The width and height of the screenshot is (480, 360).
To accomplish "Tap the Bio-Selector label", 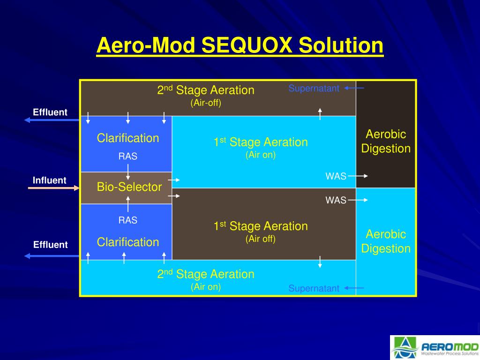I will point(129,187).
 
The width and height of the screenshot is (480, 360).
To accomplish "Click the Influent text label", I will point(50,180).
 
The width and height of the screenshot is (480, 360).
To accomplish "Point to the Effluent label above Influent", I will point(50,112).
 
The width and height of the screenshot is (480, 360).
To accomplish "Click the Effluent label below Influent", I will point(50,245).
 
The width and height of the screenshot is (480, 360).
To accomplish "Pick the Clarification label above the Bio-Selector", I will point(128,138).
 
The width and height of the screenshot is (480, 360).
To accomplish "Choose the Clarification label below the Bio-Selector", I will point(128,242).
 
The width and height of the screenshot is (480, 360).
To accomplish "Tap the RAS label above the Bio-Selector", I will point(127,157).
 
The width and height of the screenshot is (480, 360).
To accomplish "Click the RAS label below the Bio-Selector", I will point(127,220).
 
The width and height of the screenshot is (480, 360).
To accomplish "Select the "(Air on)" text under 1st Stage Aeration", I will point(260,155).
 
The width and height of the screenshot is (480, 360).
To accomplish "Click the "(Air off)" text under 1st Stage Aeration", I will point(260,239).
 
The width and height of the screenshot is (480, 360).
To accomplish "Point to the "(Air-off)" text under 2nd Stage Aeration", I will point(205,103).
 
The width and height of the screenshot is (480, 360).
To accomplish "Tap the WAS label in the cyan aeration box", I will point(336,176).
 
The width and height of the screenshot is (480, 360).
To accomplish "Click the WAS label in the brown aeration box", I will point(336,201).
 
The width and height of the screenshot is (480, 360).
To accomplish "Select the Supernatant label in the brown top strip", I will point(314,89).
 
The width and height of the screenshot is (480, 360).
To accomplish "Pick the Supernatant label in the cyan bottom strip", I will point(314,288).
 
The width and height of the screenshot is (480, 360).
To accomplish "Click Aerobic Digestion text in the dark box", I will point(386,142).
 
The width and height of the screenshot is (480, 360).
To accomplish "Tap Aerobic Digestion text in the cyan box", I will point(386,241).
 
